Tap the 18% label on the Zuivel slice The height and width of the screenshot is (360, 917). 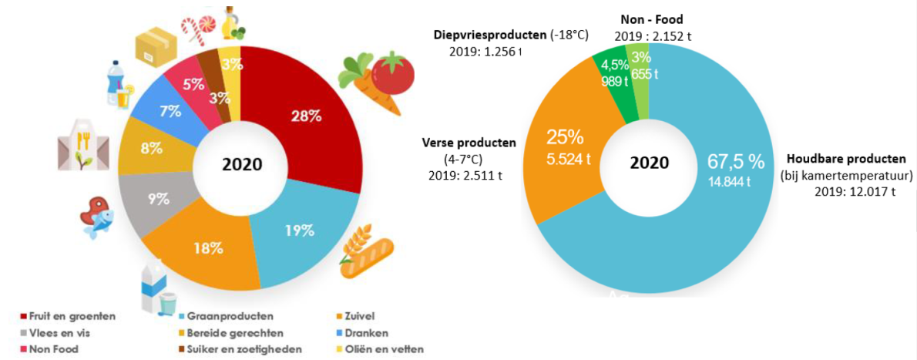point(208,248)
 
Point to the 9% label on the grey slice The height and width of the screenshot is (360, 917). point(159,199)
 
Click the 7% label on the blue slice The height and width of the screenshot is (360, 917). point(170,110)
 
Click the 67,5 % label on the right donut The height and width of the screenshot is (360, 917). point(735,161)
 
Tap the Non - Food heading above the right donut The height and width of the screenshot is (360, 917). point(651,20)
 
